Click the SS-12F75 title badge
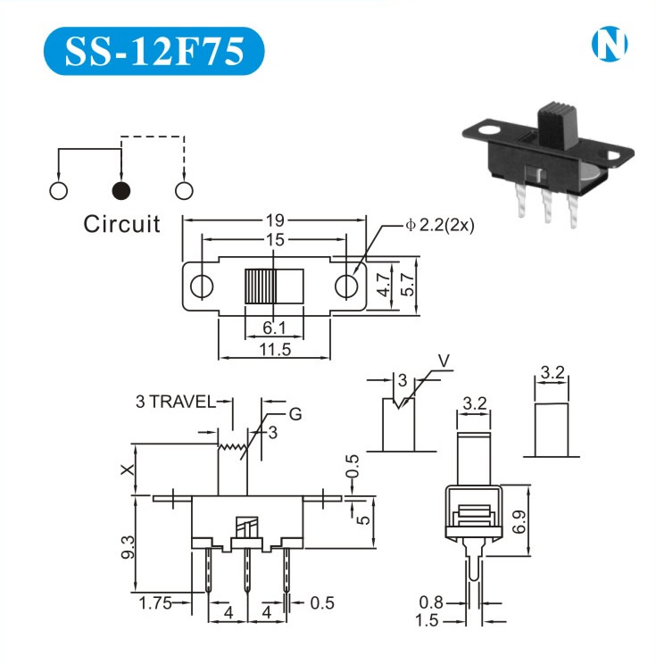(x=154, y=51)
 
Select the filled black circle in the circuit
(x=120, y=190)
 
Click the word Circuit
(x=121, y=223)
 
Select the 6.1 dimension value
(x=274, y=328)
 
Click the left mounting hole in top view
(x=203, y=286)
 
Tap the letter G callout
(x=295, y=414)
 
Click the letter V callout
(x=444, y=362)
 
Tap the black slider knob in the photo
(x=556, y=129)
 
